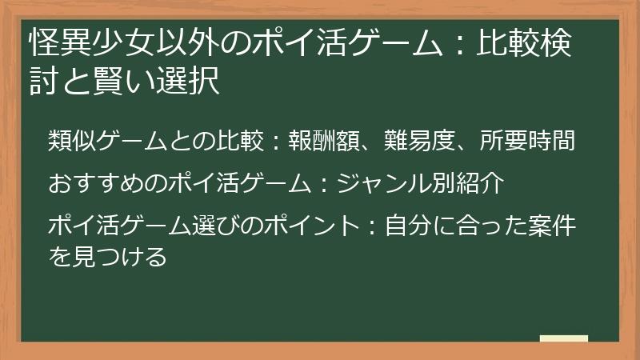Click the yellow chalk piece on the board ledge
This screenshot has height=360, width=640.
564,338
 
